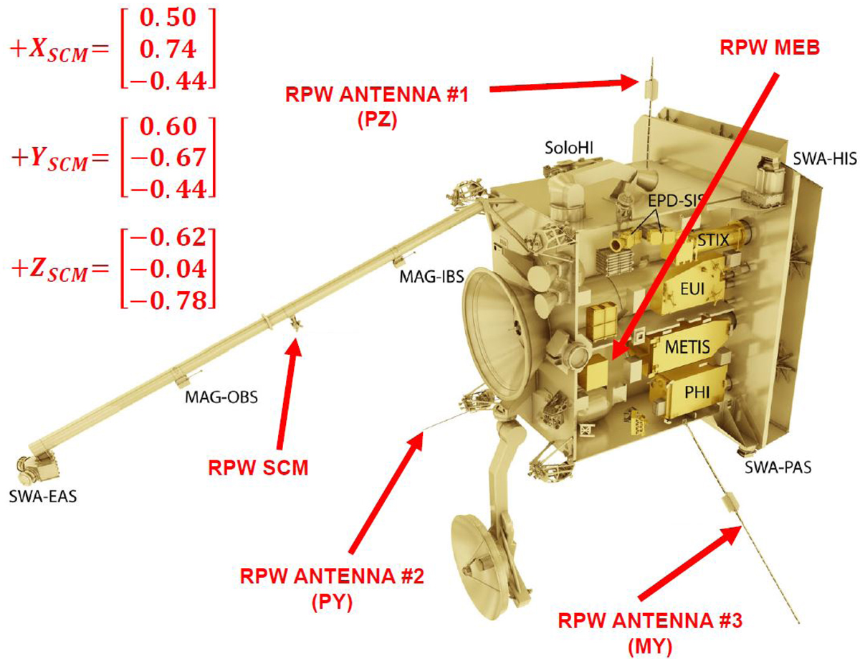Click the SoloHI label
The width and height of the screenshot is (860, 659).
(x=569, y=148)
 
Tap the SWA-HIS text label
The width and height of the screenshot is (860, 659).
(x=825, y=158)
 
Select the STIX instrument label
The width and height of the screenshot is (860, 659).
(x=713, y=240)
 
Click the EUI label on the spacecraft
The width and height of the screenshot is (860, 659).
(x=692, y=289)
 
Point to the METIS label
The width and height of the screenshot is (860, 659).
(x=687, y=347)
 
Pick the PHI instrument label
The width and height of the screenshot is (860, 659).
(x=697, y=392)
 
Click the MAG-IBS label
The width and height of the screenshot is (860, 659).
(x=431, y=277)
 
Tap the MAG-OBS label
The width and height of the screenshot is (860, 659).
(x=221, y=397)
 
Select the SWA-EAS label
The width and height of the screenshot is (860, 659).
(x=43, y=496)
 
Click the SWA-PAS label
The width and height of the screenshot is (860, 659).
(x=778, y=468)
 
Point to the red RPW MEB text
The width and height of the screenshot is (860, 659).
(x=770, y=48)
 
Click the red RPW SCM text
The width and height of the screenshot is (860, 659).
(x=258, y=468)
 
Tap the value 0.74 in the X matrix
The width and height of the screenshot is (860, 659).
(x=168, y=49)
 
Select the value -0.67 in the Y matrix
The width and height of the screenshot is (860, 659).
(x=168, y=158)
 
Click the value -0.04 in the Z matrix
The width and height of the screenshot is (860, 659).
(x=168, y=269)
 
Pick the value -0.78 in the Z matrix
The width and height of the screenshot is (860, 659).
(x=168, y=300)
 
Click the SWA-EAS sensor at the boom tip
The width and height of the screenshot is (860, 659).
(x=37, y=466)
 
